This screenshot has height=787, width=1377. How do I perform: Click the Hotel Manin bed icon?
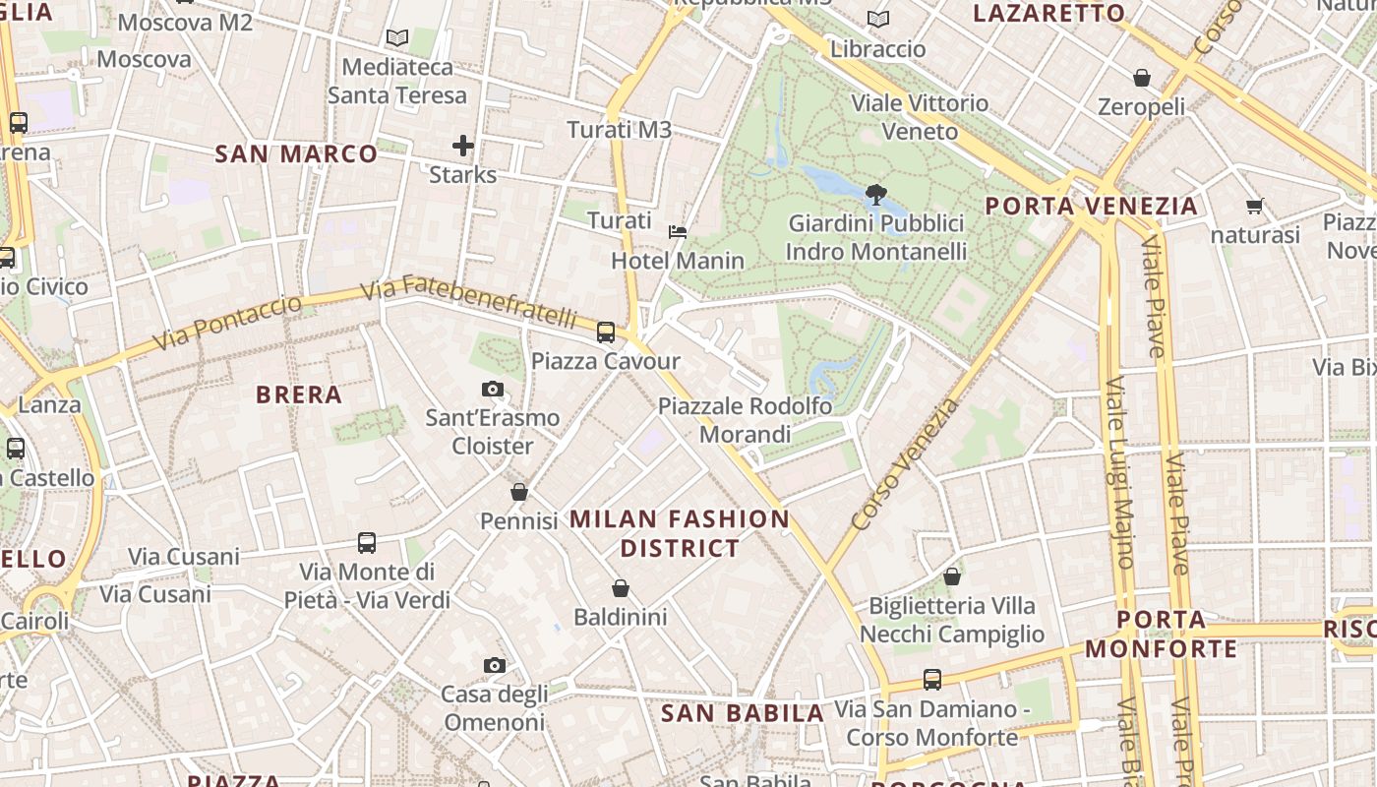point(678,232)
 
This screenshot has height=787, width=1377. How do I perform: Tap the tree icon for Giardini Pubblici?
point(875,195)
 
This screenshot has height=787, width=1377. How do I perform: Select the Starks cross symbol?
point(463,147)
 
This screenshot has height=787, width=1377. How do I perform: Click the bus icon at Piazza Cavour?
point(606,333)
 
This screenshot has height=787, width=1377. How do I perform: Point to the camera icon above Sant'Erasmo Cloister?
point(493,390)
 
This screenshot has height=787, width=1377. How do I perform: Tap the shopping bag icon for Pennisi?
point(519,492)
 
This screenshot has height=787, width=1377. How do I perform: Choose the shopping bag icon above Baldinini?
point(621,589)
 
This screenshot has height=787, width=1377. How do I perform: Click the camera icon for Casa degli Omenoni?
point(495,666)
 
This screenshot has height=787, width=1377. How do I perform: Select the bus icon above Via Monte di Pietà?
point(367,543)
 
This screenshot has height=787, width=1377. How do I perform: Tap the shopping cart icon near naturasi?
point(1254,207)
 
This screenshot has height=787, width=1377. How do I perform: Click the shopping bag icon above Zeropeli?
point(1142,78)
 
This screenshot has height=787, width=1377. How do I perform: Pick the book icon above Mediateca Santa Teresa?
point(397,38)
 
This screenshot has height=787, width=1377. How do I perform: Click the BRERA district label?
point(299,394)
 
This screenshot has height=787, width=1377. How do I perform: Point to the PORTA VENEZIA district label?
point(1092,207)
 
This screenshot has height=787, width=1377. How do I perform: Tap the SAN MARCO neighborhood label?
point(296,154)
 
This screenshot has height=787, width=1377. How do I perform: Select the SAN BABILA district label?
point(742,713)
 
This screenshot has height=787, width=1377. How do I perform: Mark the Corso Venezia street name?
point(905,462)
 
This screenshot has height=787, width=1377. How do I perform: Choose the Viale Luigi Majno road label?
point(1120,472)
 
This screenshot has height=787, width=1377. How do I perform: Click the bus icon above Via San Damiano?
point(931,680)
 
